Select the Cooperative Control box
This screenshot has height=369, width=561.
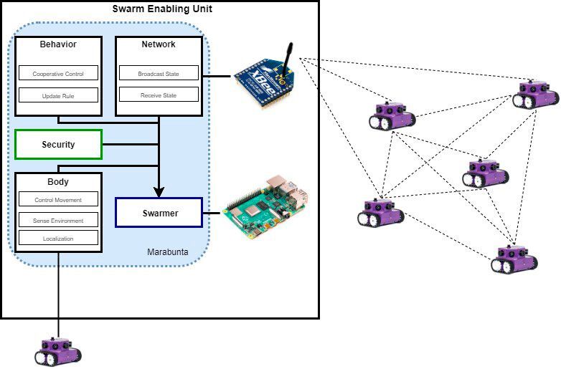(x=58, y=74)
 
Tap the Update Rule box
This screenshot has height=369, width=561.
(x=58, y=95)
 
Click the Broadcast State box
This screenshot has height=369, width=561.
(x=159, y=74)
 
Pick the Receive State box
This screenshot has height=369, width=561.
(x=159, y=95)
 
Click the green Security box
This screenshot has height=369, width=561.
(x=58, y=144)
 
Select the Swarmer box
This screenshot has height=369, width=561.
(x=159, y=213)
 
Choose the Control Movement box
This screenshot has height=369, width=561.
(x=58, y=200)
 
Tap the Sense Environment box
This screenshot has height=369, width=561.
(x=58, y=221)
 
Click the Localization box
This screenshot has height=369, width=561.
(x=58, y=238)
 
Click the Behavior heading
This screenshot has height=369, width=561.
(x=58, y=44)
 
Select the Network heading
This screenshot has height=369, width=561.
(x=159, y=44)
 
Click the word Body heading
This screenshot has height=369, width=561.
(x=58, y=182)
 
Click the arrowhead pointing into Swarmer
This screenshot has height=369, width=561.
(x=159, y=191)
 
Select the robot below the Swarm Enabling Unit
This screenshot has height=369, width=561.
(x=58, y=350)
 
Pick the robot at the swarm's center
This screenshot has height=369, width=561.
(x=485, y=174)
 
